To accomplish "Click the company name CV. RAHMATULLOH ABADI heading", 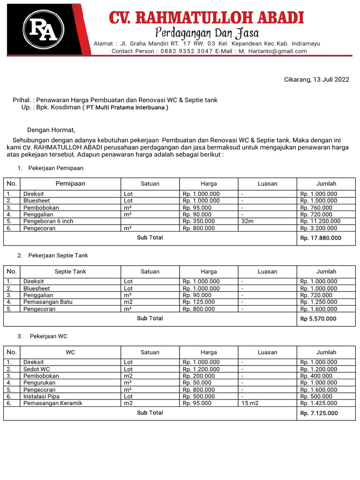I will click(x=206, y=18).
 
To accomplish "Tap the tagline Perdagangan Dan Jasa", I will click(x=207, y=33).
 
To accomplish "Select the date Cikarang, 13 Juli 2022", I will click(x=316, y=80).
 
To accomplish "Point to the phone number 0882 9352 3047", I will click(x=187, y=51).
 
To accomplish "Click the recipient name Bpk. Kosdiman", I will click(x=61, y=107).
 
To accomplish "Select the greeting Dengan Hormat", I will click(x=51, y=130).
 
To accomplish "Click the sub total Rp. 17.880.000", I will click(x=321, y=238).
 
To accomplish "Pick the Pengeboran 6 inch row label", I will click(x=48, y=221).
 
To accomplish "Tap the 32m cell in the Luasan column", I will click(x=247, y=221).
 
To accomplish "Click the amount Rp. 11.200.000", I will click(x=320, y=221).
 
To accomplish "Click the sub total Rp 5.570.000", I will click(x=318, y=319).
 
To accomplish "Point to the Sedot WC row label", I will click(x=37, y=369).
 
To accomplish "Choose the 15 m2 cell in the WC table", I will click(x=250, y=403).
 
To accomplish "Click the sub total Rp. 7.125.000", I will click(x=319, y=413).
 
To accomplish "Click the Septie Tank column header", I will click(x=70, y=271).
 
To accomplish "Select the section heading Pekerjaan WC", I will click(x=49, y=337).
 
